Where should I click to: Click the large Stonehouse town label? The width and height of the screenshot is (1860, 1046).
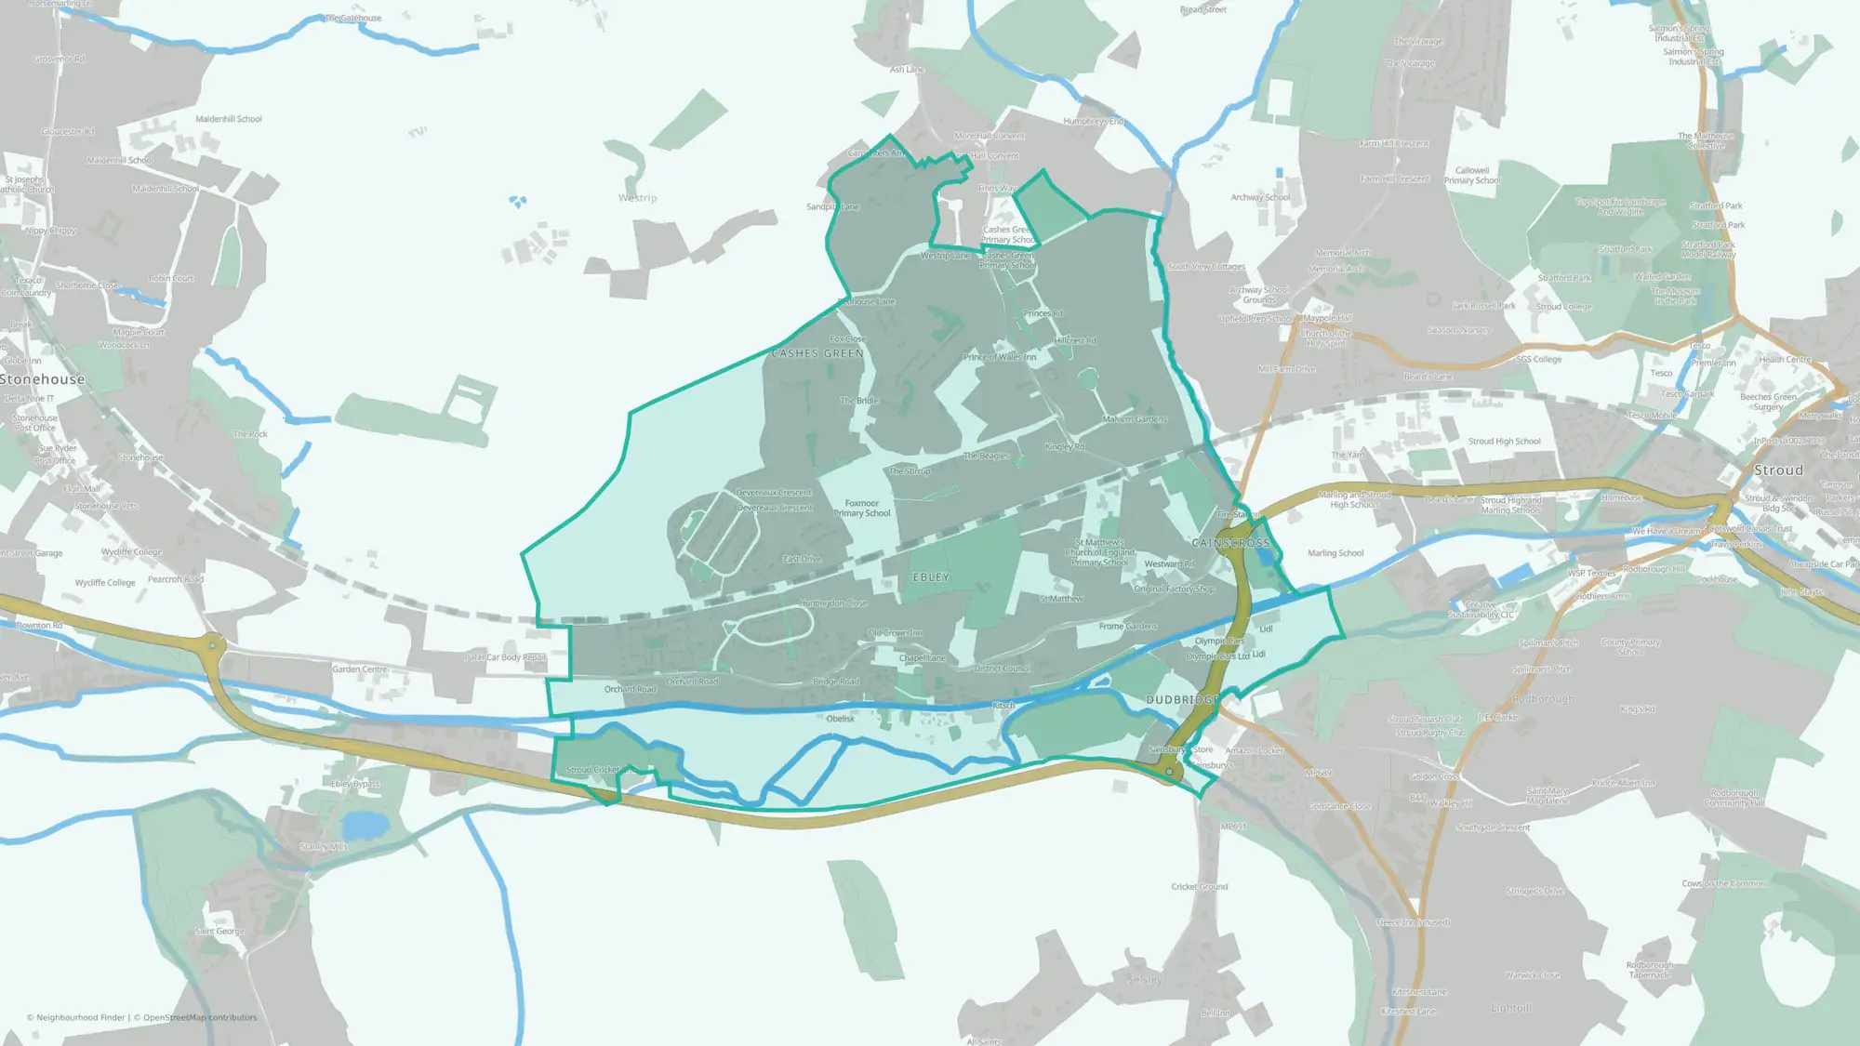pos(43,379)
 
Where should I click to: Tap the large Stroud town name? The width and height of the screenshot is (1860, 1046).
pos(1778,470)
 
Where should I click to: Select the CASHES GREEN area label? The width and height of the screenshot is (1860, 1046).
pos(817,353)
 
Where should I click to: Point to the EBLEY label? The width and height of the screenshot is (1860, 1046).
pos(931,577)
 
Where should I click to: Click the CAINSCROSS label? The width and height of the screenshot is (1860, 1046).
pos(1230,543)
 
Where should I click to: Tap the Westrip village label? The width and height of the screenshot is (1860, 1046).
pos(637,198)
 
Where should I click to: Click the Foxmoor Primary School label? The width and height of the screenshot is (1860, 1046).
pos(861,509)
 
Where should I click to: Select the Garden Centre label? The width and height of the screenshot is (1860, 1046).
pos(360,669)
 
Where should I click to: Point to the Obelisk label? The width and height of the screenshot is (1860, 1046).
pos(840,719)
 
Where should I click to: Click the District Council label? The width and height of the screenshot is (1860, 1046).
pos(1002,669)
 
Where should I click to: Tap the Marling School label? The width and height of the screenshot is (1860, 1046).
pos(1335,553)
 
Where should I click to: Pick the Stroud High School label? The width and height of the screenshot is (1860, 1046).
pos(1504,442)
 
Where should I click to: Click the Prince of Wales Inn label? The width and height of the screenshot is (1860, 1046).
pos(1000,357)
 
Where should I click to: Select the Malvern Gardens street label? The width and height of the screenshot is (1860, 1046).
pos(1135,419)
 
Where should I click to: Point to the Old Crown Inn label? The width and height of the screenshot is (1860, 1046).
pos(895,633)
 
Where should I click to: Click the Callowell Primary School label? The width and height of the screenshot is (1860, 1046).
pos(1472,176)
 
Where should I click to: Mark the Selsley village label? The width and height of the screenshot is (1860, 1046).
pos(1144,979)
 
